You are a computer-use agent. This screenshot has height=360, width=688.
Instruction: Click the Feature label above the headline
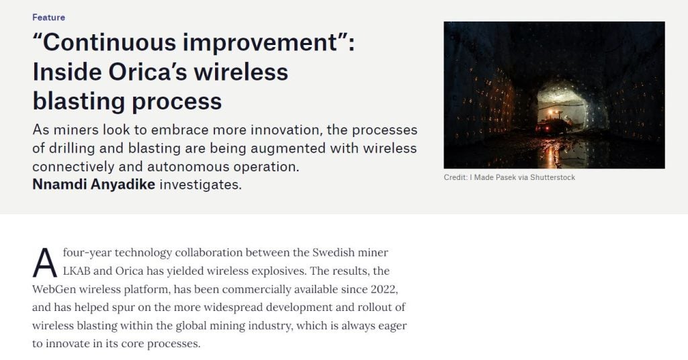tap(48, 17)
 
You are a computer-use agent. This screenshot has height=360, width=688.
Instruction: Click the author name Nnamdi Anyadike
tap(94, 185)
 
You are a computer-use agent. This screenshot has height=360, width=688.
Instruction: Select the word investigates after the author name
tap(200, 185)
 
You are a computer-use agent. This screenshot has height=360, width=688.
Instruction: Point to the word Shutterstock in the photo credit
tap(552, 177)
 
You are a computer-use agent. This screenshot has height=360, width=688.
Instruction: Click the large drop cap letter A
tap(45, 263)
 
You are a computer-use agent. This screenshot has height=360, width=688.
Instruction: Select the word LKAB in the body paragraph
tap(77, 271)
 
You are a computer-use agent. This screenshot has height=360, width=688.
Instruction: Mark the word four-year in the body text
tap(87, 253)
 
